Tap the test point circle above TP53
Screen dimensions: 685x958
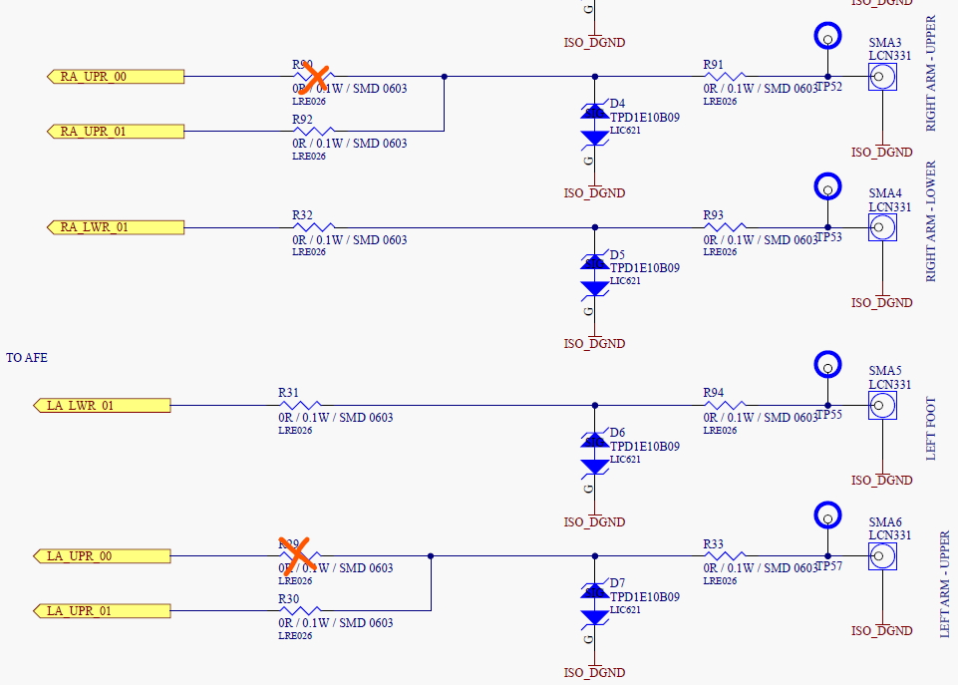[x=826, y=186]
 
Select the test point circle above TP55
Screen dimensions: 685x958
[x=826, y=364]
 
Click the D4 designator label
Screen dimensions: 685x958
[x=618, y=104]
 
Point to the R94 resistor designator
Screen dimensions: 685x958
[x=713, y=393]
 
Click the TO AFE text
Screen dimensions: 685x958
[x=27, y=357]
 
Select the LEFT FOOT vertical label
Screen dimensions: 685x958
[x=931, y=429]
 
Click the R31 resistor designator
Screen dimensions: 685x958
[x=288, y=393]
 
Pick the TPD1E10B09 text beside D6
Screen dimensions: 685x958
[x=644, y=447]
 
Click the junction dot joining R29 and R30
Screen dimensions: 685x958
[x=431, y=555]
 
